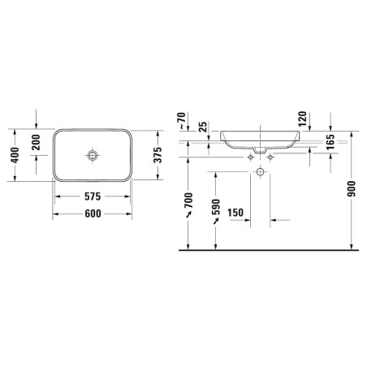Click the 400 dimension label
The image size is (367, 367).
(x=15, y=155)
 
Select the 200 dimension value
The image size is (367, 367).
(x=36, y=142)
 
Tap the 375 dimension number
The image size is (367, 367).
(x=158, y=155)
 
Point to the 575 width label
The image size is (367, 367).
(x=93, y=196)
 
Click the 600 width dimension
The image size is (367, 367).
(x=93, y=214)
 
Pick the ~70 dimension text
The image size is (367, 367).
(x=182, y=120)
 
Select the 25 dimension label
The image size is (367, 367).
(x=203, y=127)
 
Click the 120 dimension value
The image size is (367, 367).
(x=302, y=119)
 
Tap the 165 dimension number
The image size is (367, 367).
(x=330, y=142)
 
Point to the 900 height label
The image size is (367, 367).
(x=352, y=189)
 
